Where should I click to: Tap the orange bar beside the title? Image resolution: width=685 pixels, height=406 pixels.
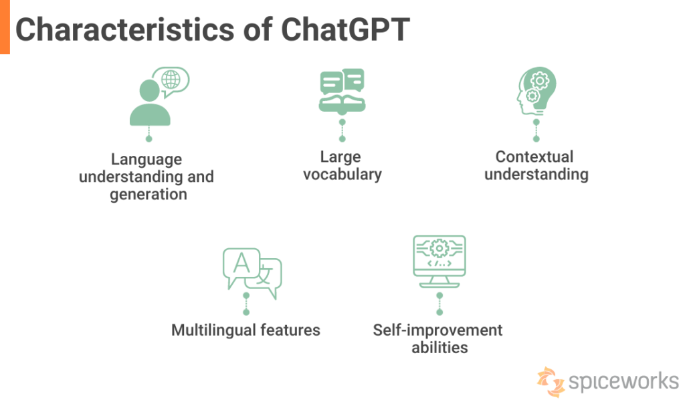pos(5,27)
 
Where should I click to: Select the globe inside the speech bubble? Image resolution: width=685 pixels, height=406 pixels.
pos(171,80)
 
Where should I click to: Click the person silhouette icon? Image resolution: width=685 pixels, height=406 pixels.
pos(149,104)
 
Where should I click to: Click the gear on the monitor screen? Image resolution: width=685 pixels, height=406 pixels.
pos(439,249)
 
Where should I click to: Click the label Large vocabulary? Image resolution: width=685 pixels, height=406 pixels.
pos(342,165)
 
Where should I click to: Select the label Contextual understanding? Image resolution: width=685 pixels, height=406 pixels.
pos(536,165)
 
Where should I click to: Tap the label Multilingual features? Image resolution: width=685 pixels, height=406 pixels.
pos(246,330)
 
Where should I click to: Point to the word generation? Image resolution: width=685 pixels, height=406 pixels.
pos(149,194)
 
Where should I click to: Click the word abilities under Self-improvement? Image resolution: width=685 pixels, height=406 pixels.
pos(439,347)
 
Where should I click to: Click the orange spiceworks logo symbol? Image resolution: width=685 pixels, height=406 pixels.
pos(550,381)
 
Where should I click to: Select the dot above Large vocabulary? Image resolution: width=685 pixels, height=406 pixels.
pos(342,138)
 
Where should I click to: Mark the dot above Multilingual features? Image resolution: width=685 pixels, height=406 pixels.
pos(246,312)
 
